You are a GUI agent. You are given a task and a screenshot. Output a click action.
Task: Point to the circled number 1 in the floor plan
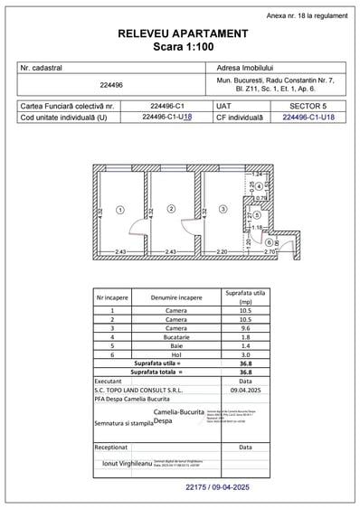(119, 209)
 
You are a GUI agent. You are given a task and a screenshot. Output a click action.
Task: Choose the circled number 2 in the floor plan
(171, 209)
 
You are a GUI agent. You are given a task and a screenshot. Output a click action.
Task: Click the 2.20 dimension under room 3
(222, 252)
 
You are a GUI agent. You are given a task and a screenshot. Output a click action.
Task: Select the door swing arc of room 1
(133, 232)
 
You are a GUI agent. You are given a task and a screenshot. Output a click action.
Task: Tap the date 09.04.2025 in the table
(245, 389)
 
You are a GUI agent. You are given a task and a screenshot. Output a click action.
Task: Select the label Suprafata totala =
(156, 371)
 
